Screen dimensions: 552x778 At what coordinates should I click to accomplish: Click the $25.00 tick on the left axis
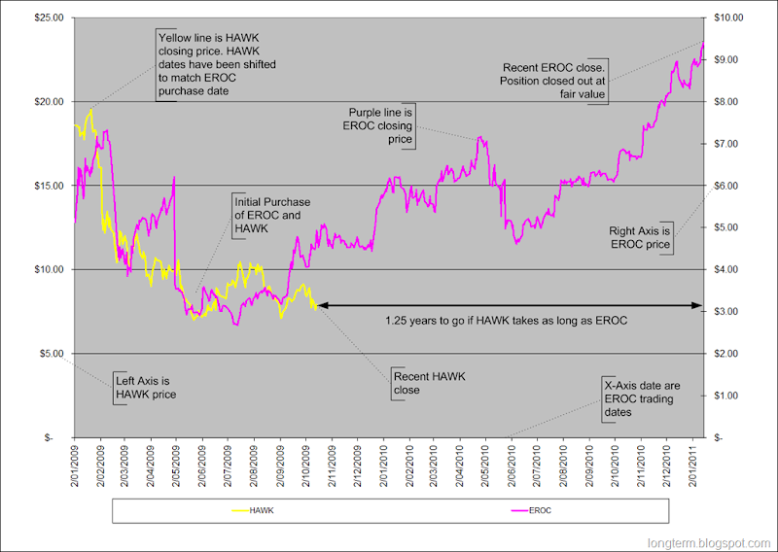[x=49, y=17]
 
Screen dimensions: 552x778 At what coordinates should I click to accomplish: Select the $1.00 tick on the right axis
[x=726, y=395]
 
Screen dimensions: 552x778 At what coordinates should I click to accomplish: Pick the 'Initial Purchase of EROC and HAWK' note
[x=271, y=216]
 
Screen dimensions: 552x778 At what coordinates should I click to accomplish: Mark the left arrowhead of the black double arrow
[x=320, y=305]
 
